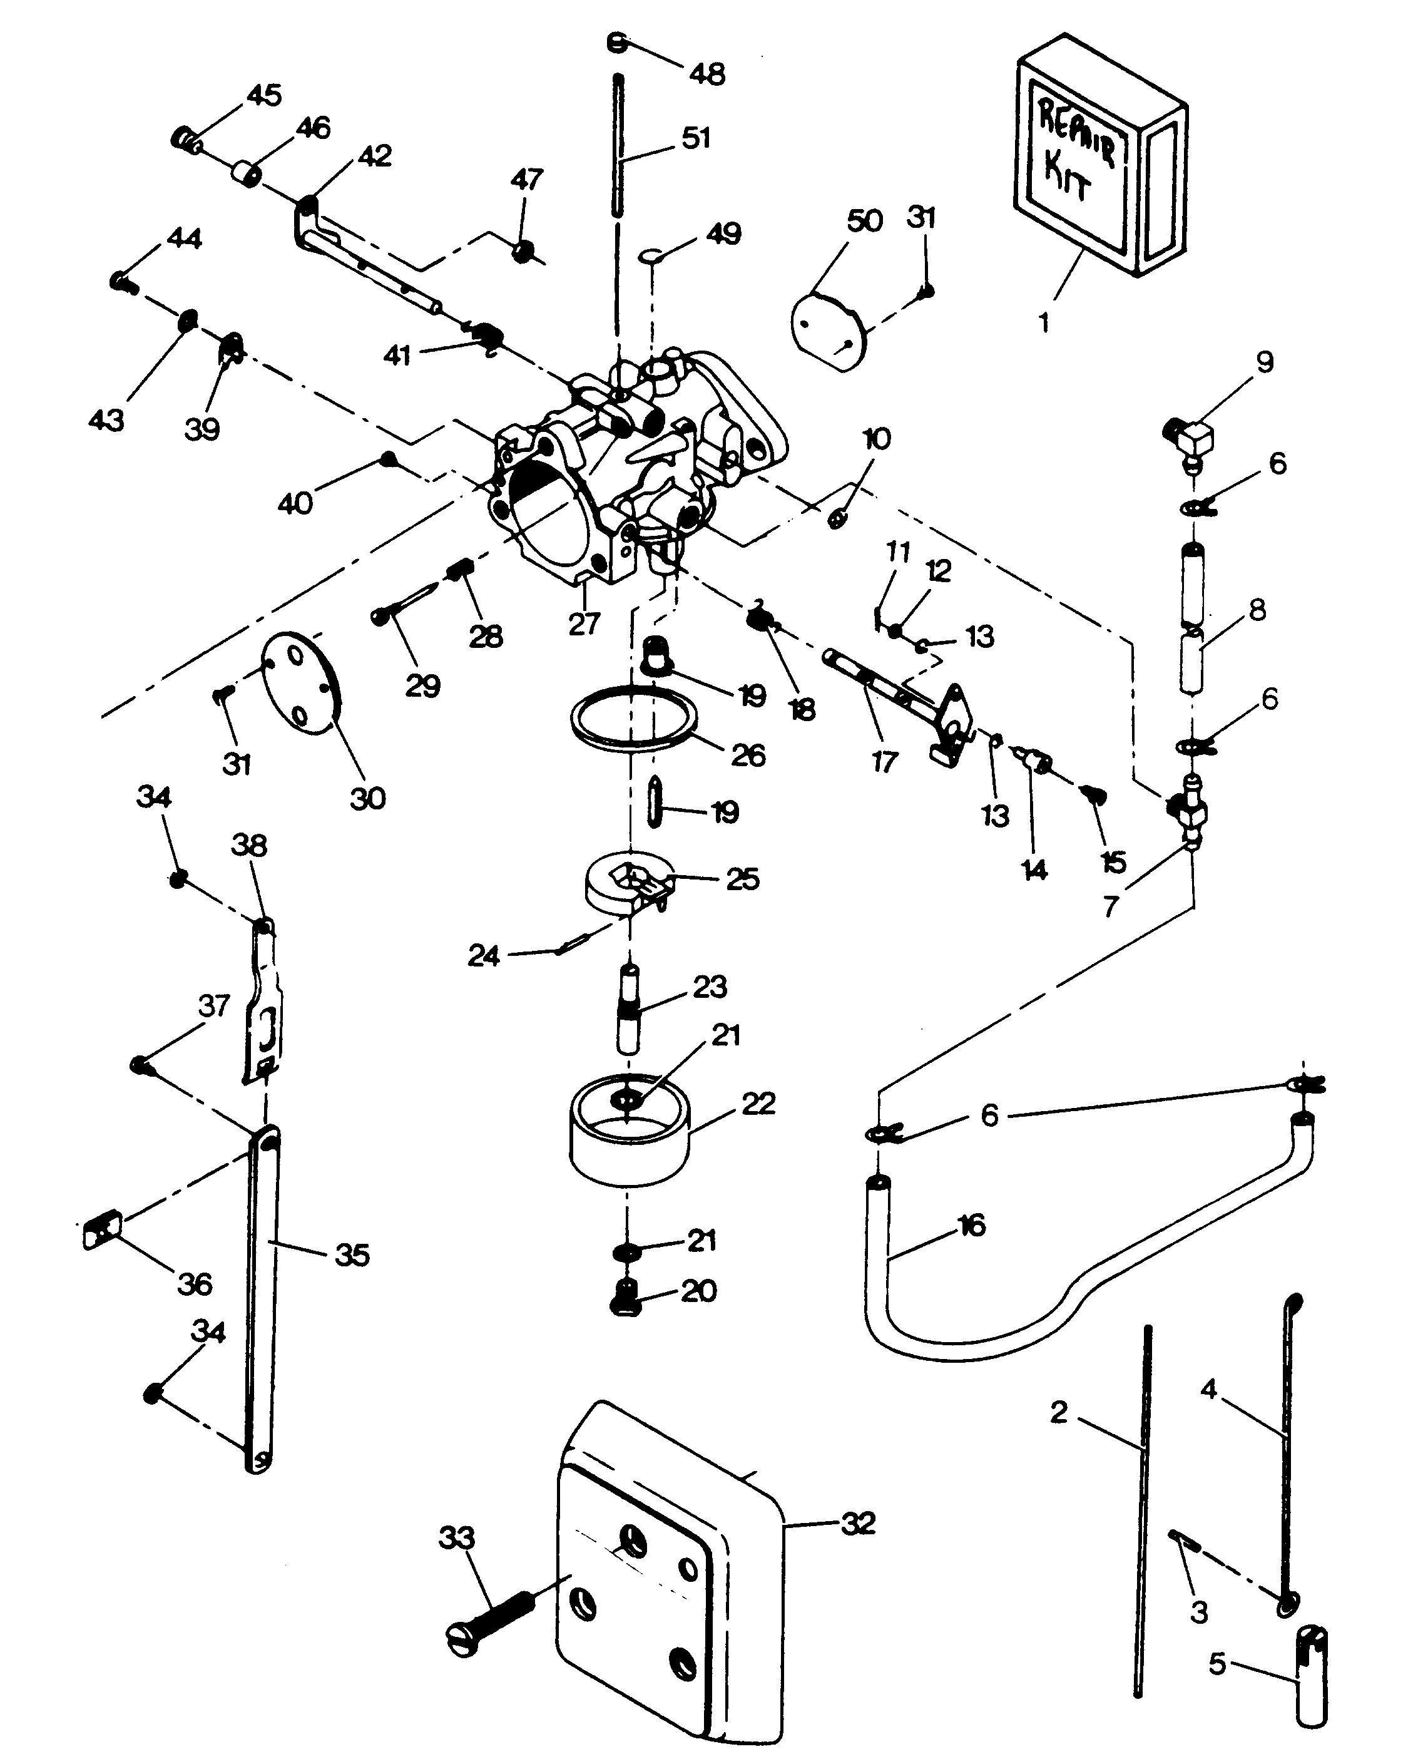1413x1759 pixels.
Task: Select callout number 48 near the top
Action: coord(706,74)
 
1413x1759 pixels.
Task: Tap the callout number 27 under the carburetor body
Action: coord(584,624)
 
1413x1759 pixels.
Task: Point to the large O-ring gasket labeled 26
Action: coord(633,718)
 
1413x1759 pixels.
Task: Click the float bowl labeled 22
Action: coord(628,1142)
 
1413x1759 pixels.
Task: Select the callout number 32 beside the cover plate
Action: coord(857,1523)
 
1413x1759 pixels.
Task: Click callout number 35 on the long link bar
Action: coord(352,1255)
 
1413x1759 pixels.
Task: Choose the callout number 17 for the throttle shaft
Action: coord(884,762)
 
